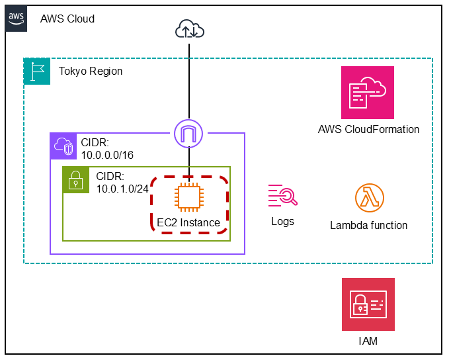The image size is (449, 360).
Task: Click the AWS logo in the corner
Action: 18,19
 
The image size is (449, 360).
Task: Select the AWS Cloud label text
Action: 67,19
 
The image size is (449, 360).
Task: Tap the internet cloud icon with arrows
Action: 190,29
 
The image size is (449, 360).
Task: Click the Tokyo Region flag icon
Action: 37,71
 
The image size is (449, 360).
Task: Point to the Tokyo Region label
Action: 91,71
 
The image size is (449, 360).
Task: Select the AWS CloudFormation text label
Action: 368,129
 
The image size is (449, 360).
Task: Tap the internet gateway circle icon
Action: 190,133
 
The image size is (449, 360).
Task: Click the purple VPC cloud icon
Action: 63,146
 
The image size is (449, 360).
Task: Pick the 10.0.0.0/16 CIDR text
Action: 108,150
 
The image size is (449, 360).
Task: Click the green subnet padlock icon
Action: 76,179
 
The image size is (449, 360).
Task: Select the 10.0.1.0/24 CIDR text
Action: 122,183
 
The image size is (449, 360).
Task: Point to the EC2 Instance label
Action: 188,222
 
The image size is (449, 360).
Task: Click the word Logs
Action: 282,221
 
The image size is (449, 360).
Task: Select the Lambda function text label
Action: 368,225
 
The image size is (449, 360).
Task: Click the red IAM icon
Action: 368,304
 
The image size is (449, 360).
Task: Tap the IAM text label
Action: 367,341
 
